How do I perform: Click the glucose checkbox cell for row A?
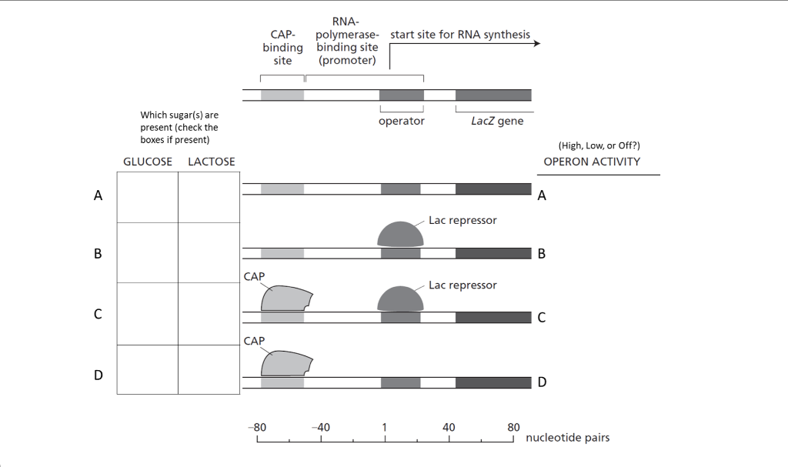click(147, 197)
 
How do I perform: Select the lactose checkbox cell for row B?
click(209, 253)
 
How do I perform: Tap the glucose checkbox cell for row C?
click(147, 314)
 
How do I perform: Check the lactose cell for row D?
click(209, 369)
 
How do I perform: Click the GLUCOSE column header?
click(148, 162)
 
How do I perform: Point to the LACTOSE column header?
click(212, 162)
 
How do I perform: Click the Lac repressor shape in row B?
click(400, 235)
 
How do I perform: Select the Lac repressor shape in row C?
click(400, 299)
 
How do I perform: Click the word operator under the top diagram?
click(402, 122)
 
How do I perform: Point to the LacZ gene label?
click(496, 122)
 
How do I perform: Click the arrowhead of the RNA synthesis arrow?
click(536, 43)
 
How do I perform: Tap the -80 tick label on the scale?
click(257, 427)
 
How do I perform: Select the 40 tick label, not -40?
click(449, 427)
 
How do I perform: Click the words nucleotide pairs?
click(567, 438)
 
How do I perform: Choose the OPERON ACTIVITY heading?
click(592, 162)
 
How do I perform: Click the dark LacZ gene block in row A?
click(493, 188)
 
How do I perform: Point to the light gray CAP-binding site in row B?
click(282, 253)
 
